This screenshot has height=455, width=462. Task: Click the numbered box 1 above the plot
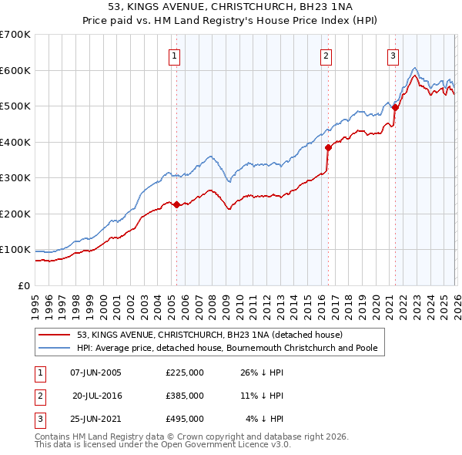(x=176, y=56)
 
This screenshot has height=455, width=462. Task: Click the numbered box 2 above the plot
(x=326, y=56)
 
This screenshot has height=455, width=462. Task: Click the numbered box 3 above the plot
(x=393, y=56)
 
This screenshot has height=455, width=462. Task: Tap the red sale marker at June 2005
(x=176, y=204)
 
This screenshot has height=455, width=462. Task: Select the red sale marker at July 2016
(x=328, y=147)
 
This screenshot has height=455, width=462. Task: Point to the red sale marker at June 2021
(x=395, y=108)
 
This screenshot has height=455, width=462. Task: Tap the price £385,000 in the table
(x=185, y=396)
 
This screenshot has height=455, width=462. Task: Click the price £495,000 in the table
(x=185, y=419)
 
